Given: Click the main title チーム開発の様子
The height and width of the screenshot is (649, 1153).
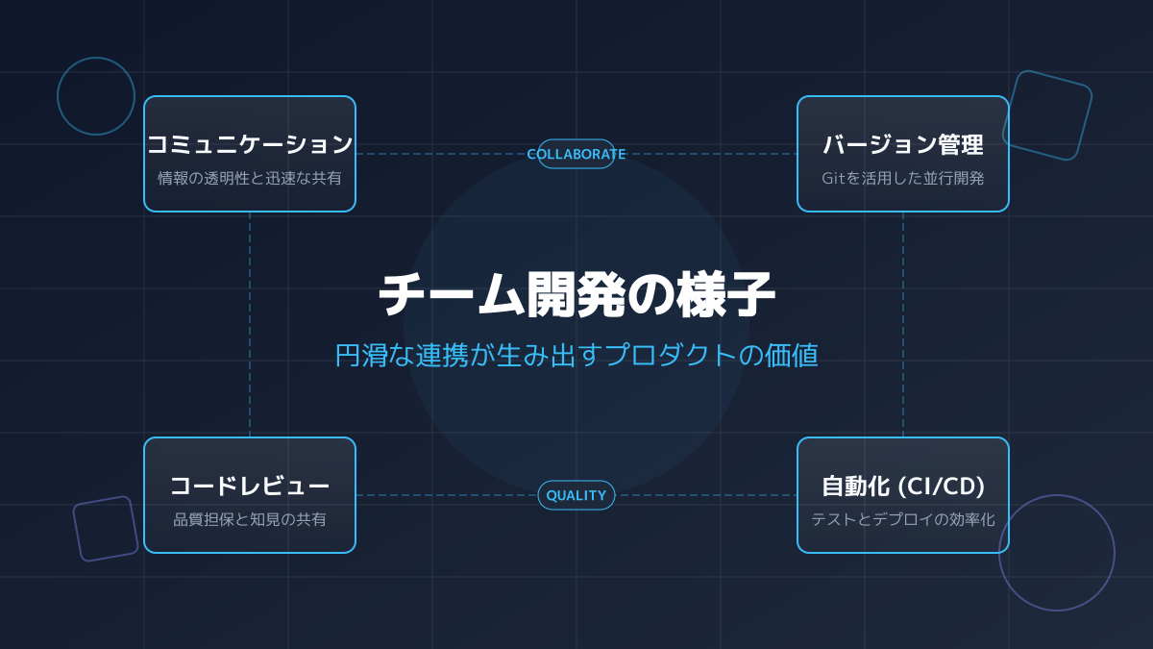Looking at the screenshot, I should coord(576,295).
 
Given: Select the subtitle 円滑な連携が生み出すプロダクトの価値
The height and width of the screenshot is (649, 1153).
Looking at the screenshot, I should coord(576,355).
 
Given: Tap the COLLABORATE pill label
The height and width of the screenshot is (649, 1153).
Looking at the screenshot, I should coord(576,154).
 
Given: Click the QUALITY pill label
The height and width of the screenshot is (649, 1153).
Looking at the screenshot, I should coord(576,495).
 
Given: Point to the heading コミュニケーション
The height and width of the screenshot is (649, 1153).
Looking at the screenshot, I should coord(250,144).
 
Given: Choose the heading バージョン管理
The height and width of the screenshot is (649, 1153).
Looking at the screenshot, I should coord(903,145).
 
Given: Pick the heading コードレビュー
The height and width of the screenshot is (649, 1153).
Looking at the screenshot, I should coord(250,486).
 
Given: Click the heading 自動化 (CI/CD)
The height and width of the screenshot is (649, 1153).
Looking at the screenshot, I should coord(903,486).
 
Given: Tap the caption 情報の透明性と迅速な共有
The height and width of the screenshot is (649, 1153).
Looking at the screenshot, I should coord(250,178).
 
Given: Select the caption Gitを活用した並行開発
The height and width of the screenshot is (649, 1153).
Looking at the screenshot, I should coord(903,178).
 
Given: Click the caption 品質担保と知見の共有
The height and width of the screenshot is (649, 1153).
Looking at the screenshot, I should coord(250,519).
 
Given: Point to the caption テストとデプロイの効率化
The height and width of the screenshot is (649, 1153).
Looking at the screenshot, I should coord(903,519).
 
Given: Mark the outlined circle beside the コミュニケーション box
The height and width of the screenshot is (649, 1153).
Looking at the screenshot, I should coord(96,96).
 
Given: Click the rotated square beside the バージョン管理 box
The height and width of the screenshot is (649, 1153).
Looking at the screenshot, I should coord(1047,115).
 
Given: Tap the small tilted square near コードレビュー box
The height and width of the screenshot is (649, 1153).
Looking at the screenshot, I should coord(106,529).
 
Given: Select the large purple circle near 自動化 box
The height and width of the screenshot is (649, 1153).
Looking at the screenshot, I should coord(1057,553).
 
